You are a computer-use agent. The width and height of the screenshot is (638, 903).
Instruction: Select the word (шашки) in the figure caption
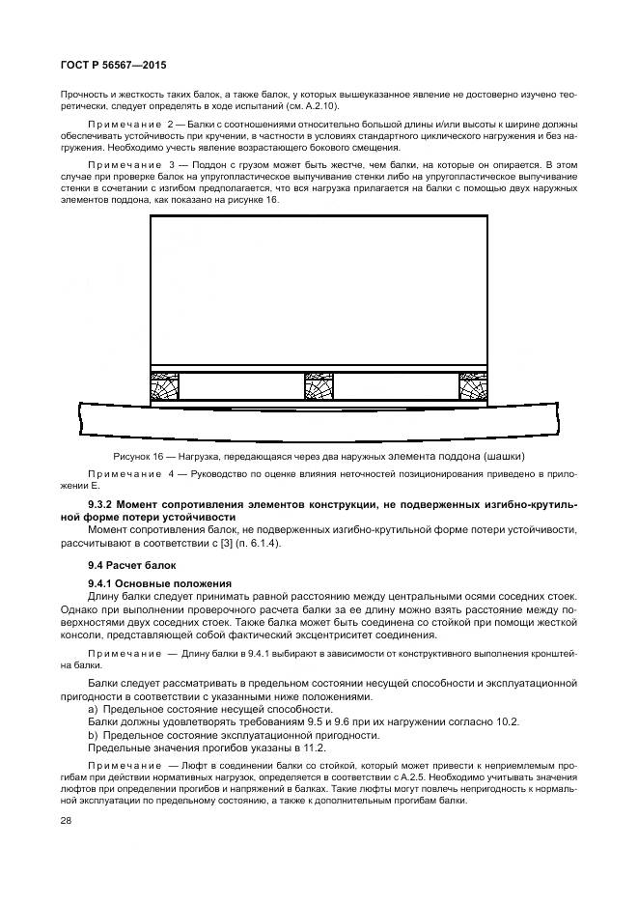click(511, 456)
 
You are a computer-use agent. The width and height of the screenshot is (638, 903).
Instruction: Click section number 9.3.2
click(103, 505)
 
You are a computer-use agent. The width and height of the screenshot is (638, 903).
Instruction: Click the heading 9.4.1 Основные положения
click(159, 583)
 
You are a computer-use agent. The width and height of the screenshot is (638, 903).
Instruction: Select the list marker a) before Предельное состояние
click(92, 709)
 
